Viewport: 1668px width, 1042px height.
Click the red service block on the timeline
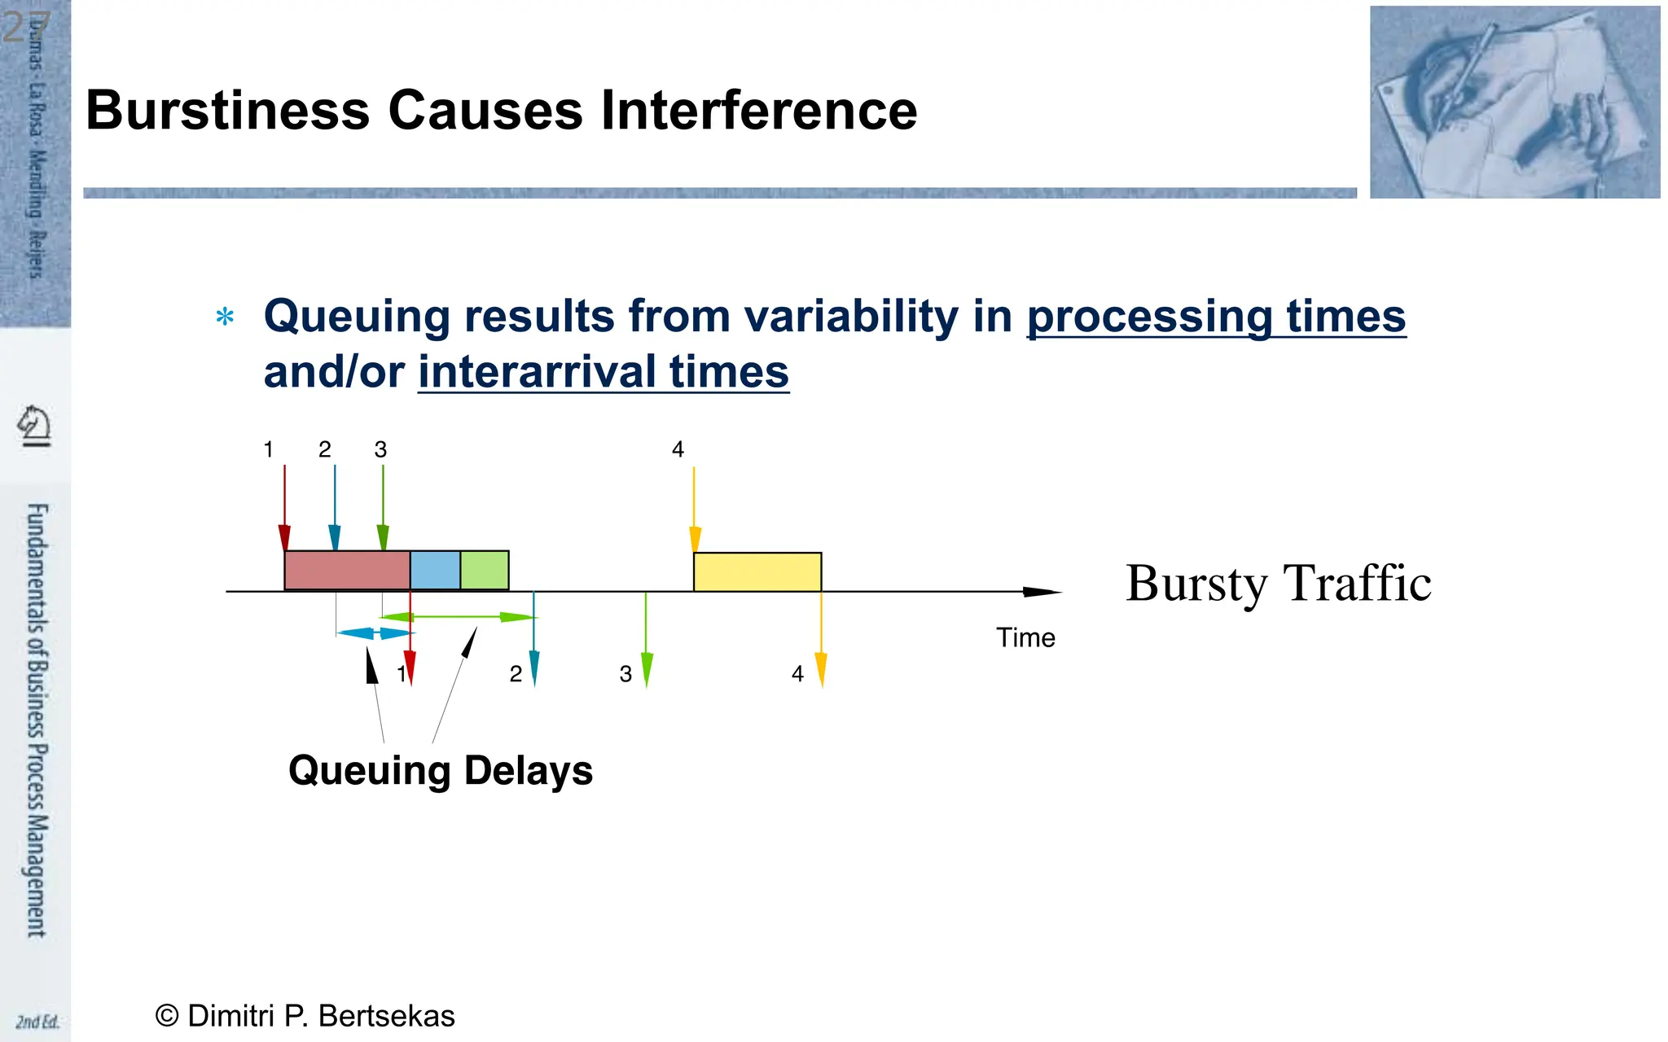pos(347,571)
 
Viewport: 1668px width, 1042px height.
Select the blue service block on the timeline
pos(435,571)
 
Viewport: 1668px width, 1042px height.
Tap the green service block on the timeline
pos(485,571)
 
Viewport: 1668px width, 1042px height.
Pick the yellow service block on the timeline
pos(757,572)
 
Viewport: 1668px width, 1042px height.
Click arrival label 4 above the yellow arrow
pos(678,449)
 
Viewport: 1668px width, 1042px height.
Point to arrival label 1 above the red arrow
pos(269,449)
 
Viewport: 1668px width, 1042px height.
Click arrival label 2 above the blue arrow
pos(325,449)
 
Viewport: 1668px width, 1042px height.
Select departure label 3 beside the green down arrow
pos(625,674)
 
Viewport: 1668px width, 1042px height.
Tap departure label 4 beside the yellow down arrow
pos(797,674)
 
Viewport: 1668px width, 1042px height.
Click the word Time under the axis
pos(1025,637)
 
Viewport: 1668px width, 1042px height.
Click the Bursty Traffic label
pos(1278,584)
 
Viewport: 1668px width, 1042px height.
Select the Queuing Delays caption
pos(441,770)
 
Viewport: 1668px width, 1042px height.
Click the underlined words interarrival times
pos(604,372)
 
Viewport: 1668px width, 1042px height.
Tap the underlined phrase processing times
pos(1216,316)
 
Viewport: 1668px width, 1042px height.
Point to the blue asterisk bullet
pos(226,317)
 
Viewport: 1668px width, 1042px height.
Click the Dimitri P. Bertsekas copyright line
pos(305,1016)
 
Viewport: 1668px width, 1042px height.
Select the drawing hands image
pos(1514,103)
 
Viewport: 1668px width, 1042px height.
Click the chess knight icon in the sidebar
pos(35,426)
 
